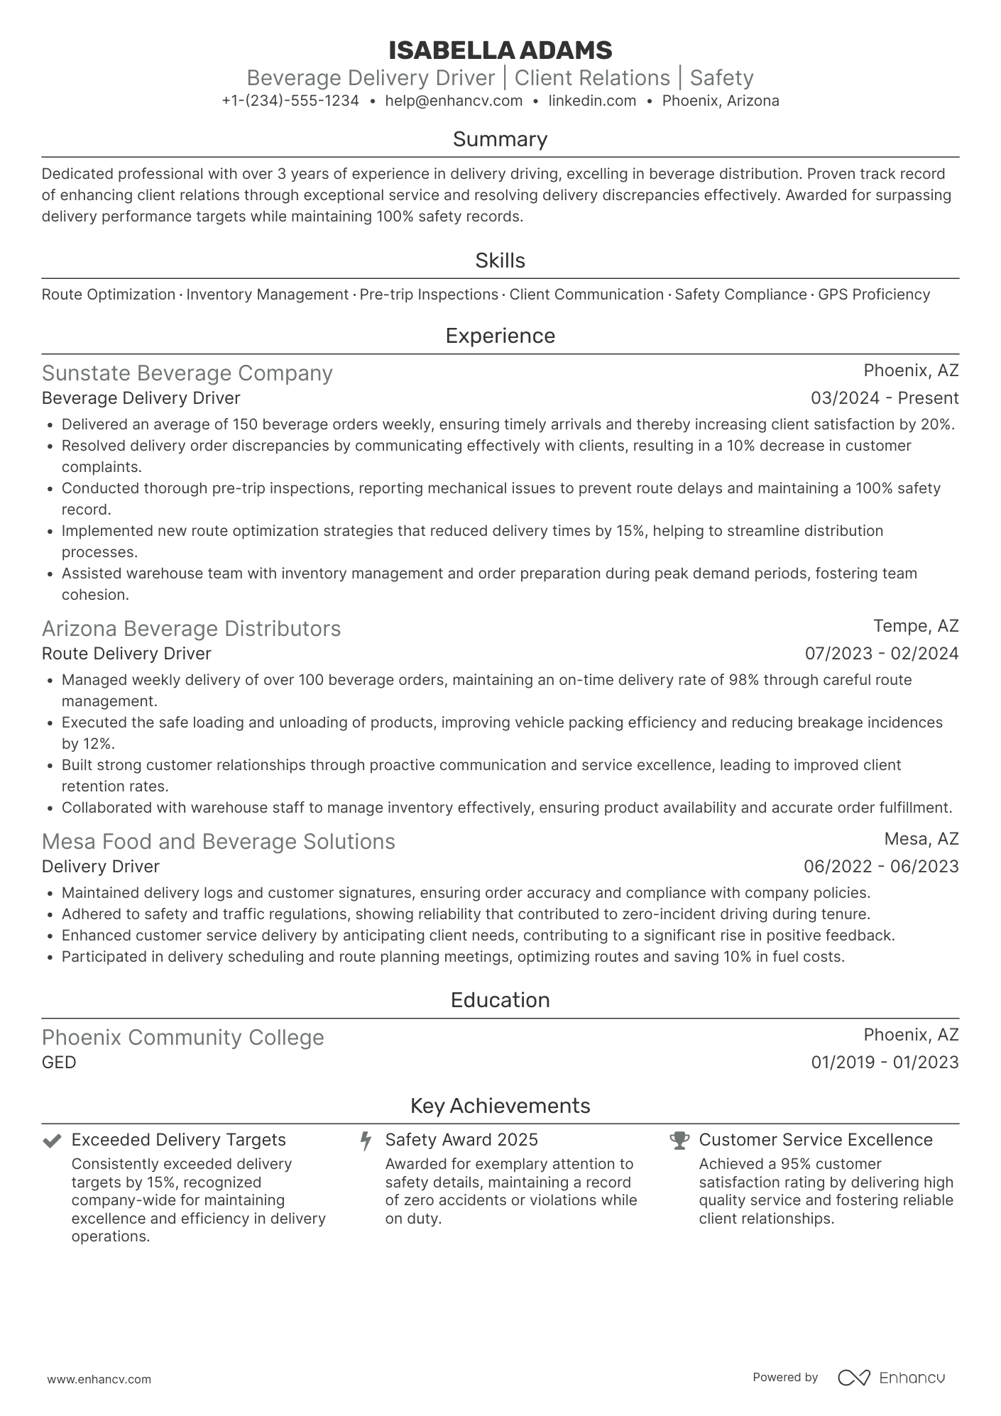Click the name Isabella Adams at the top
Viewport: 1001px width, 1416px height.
pos(500,50)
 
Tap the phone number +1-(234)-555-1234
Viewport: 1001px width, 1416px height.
pos(290,101)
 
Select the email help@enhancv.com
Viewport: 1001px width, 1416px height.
pos(454,101)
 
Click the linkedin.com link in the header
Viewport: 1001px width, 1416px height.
pos(592,101)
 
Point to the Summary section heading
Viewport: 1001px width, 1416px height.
pos(500,139)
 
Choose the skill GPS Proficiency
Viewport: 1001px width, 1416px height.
pos(874,295)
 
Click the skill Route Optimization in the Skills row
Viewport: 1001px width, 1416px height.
pos(109,295)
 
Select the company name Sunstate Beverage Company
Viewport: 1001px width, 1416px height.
pos(187,373)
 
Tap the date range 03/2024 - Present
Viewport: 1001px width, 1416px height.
pos(885,398)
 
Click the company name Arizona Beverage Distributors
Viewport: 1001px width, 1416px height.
pos(192,629)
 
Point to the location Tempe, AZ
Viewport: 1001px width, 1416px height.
pos(916,626)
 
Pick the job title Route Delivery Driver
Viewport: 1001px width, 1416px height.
pos(126,654)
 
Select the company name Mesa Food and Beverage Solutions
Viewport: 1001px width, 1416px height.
pos(219,842)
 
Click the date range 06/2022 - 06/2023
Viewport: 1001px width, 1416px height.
pos(881,867)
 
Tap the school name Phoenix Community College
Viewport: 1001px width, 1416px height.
pos(183,1038)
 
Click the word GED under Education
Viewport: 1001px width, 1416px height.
pos(59,1063)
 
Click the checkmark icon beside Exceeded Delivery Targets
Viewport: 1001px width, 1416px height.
pos(51,1141)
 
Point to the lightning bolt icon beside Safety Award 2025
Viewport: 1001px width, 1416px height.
pos(366,1141)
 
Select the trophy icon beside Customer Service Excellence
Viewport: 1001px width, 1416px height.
pos(679,1141)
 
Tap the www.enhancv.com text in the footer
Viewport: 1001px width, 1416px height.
pos(99,1379)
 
